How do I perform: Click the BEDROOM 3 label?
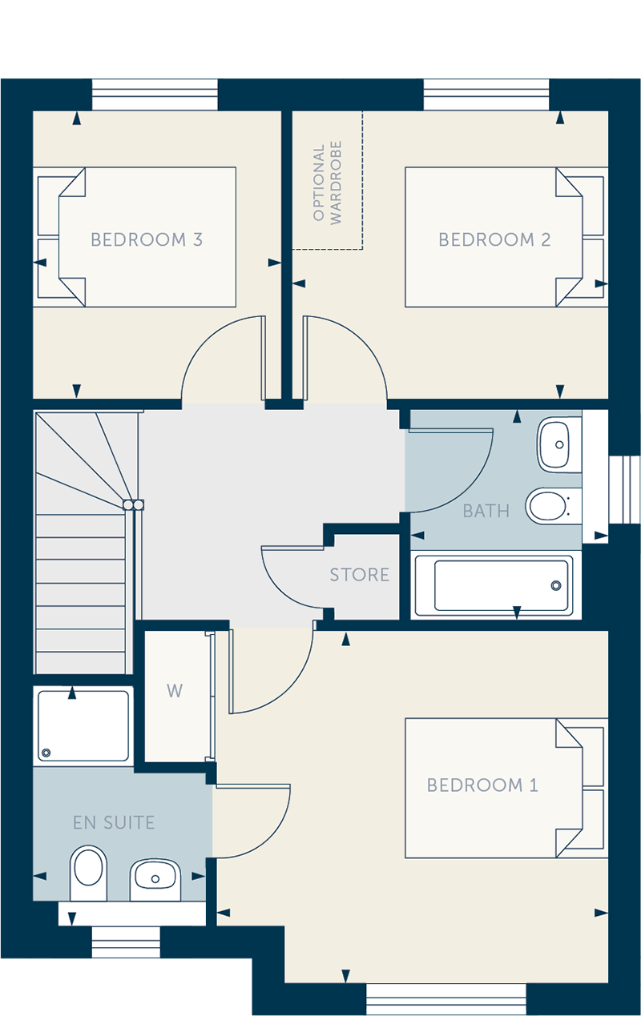coord(147,239)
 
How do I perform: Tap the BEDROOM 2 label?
coord(494,239)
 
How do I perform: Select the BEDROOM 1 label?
coord(482,785)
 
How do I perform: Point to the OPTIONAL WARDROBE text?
coord(327,183)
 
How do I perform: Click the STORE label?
coord(359,575)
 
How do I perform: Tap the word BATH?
coord(486,511)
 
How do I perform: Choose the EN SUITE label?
coord(114,822)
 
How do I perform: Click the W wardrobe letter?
coord(175,691)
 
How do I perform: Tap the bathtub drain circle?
coord(556,585)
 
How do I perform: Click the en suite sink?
coord(155,879)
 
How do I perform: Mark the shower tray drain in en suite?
coord(46,753)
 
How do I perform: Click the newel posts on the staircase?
coord(134,505)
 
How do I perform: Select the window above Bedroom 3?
coord(155,94)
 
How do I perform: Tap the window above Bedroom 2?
coord(486,94)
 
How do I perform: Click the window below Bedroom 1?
coord(445,999)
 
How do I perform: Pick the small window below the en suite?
coord(127,942)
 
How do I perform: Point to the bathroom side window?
coord(625,489)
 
